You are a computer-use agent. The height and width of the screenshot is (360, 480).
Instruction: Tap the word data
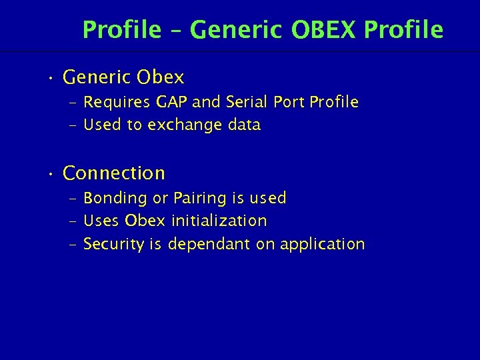click(x=243, y=125)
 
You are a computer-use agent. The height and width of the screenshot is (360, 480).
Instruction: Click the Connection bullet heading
click(x=114, y=173)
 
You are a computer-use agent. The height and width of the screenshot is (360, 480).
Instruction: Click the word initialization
click(x=219, y=221)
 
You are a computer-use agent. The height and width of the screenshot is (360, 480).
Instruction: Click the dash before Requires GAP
click(x=73, y=103)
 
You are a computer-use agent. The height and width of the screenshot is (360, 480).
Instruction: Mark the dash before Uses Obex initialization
click(x=73, y=221)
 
